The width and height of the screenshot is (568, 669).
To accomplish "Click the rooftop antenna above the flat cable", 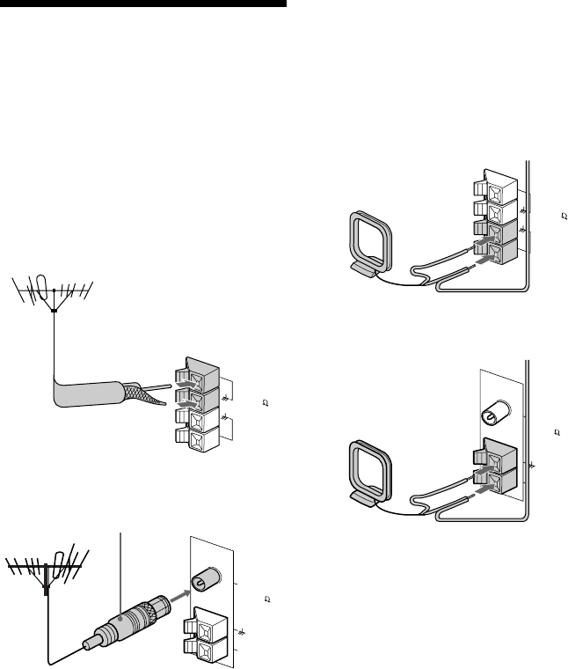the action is (x=55, y=295).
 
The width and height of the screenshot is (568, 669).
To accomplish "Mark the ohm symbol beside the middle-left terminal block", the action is (x=265, y=405).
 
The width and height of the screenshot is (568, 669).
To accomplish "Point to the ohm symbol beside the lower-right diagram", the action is (x=557, y=433).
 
